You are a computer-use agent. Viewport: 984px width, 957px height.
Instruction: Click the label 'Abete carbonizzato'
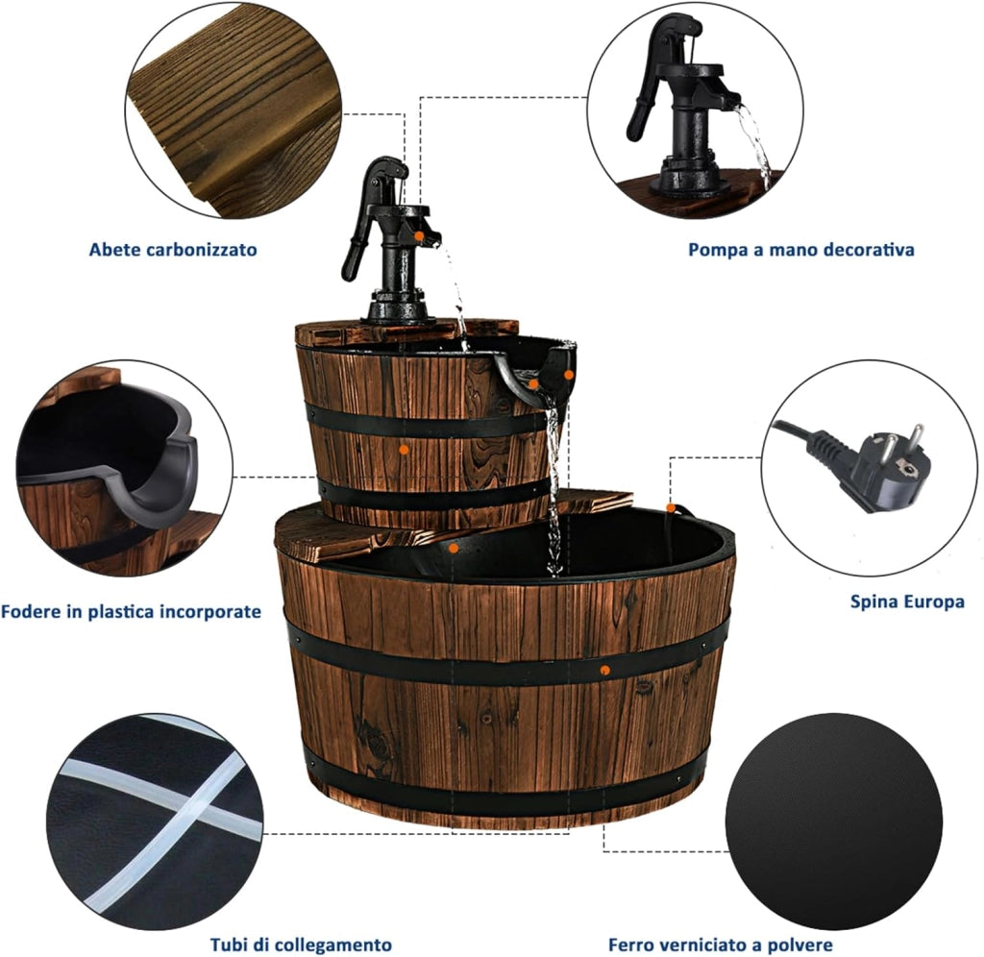tap(173, 250)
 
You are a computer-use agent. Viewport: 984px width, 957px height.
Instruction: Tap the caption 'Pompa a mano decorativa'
tap(800, 250)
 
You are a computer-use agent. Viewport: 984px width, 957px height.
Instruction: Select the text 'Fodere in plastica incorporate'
tap(131, 611)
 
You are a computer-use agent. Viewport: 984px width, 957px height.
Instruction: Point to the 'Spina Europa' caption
tap(907, 601)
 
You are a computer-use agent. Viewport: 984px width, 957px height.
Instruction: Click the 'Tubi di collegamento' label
tap(301, 945)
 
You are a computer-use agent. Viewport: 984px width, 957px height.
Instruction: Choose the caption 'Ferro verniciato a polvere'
tap(721, 945)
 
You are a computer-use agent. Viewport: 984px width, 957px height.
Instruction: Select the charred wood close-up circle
tap(233, 110)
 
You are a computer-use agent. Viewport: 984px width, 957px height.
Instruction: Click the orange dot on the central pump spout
tap(419, 236)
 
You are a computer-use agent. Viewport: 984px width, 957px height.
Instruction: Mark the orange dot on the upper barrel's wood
tap(405, 450)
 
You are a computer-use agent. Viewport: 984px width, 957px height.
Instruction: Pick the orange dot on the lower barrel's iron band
tap(604, 671)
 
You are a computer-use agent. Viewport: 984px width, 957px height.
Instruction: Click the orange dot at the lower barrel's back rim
tap(671, 507)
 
